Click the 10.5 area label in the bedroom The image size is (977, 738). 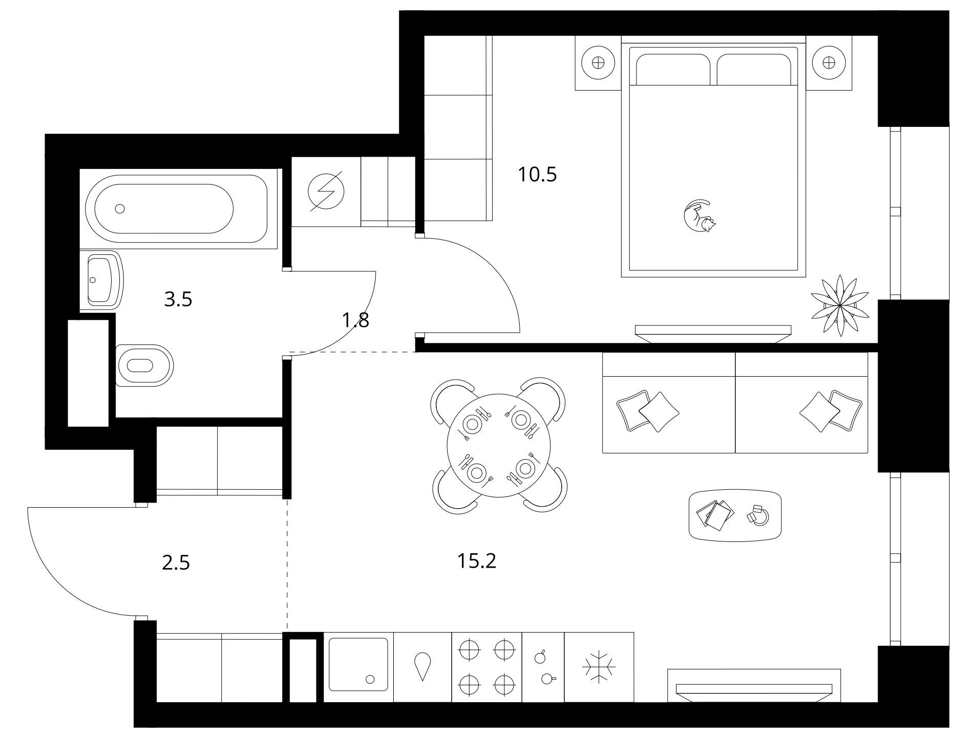[x=537, y=175]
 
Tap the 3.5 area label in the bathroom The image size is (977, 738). [x=178, y=299]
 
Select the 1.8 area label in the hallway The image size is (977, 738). [x=355, y=320]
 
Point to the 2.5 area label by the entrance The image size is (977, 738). [x=176, y=563]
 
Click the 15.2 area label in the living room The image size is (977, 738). [x=477, y=561]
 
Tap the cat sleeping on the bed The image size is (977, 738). [x=699, y=217]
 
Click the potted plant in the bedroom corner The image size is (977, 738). [x=840, y=307]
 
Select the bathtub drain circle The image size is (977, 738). [x=120, y=208]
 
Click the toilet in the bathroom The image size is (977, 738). [x=144, y=365]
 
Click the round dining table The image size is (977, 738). [x=499, y=445]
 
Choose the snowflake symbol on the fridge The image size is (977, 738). [x=599, y=667]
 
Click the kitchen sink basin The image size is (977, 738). [x=358, y=664]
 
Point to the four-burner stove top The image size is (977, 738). [x=486, y=667]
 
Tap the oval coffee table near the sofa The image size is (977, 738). [x=735, y=515]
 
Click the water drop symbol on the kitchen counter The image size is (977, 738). [x=422, y=666]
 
